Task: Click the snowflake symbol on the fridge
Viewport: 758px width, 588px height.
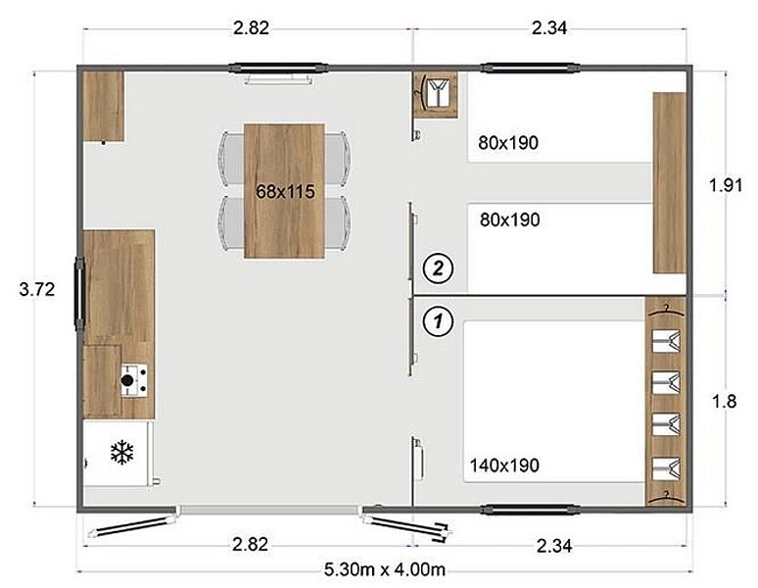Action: click(121, 452)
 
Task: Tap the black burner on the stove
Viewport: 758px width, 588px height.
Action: click(127, 380)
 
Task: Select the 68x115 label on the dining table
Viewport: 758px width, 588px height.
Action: click(285, 192)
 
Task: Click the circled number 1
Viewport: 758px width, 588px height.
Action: click(438, 320)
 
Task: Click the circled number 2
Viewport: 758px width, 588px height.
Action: click(438, 268)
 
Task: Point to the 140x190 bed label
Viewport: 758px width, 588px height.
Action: click(504, 465)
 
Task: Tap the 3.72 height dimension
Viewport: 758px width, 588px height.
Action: click(37, 289)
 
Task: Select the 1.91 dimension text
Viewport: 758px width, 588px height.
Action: click(725, 184)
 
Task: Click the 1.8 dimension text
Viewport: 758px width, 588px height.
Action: click(724, 401)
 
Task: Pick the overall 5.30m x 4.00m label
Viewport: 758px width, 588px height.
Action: click(384, 569)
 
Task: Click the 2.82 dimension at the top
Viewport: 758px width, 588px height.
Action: click(251, 27)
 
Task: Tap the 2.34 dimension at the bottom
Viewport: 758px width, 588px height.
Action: click(554, 546)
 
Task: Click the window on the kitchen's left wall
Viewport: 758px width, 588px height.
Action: click(79, 294)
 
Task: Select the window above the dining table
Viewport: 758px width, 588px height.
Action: click(278, 69)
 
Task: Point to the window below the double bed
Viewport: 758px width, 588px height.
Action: click(531, 510)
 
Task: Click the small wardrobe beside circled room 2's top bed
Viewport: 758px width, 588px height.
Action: click(435, 95)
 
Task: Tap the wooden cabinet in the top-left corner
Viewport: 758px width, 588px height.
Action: click(104, 107)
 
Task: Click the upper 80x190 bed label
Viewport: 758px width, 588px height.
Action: click(508, 143)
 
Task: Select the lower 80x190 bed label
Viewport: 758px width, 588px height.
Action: click(509, 220)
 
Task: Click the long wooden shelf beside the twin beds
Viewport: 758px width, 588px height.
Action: click(670, 183)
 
